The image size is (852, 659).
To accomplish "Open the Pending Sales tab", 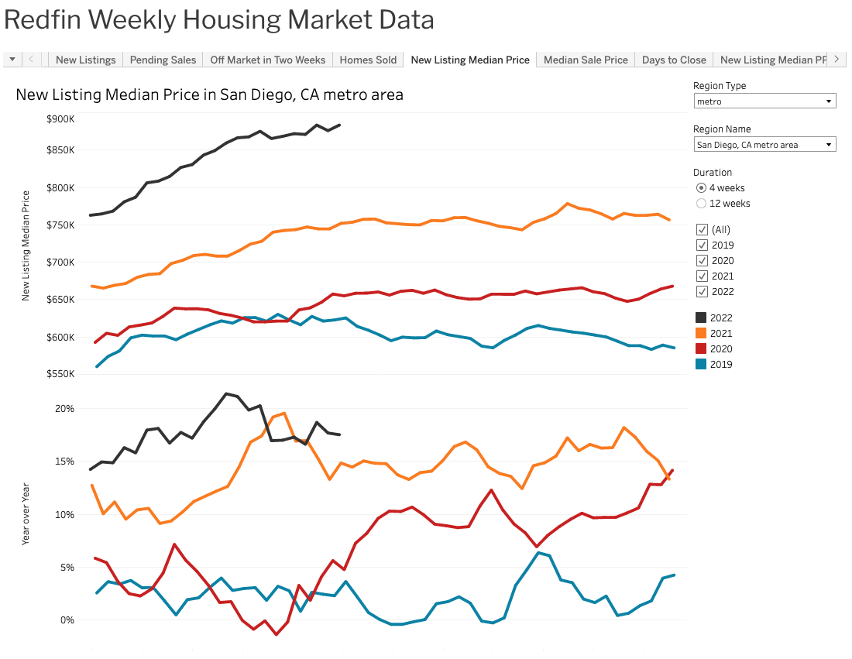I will (163, 60).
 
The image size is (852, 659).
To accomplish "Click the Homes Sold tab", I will (368, 60).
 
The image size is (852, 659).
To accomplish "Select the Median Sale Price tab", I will (586, 60).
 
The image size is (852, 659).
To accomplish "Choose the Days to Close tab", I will (674, 60).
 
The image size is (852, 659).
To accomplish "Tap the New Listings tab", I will (85, 60).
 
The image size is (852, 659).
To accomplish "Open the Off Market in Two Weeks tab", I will (267, 60).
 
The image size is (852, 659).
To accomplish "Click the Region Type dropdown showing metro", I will (764, 101).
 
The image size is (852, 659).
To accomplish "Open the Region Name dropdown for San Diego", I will (764, 145).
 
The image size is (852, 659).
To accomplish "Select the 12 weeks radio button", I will (702, 204).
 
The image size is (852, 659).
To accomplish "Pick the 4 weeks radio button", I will (702, 188).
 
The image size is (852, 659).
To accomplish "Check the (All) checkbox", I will (702, 230).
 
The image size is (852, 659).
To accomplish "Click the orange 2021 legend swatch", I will (701, 334).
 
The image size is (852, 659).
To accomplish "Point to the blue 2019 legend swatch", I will (701, 365).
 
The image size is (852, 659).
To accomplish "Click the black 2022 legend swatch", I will (701, 318).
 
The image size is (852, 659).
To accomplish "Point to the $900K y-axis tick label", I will (60, 119).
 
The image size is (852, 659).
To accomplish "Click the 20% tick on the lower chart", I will (64, 409).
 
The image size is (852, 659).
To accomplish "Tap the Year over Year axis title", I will (26, 514).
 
